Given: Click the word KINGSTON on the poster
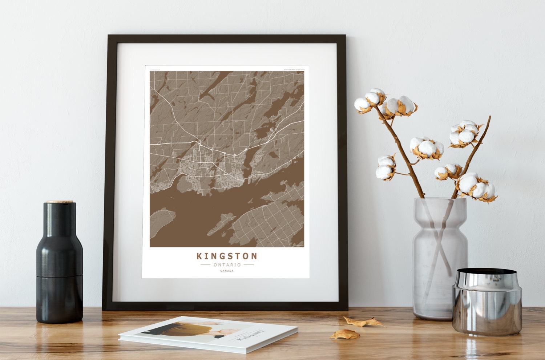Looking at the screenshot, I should (x=227, y=256).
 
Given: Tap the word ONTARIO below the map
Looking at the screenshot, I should (x=227, y=264).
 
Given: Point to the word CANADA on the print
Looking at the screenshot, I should (x=227, y=271).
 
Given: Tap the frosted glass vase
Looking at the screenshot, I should (x=440, y=258).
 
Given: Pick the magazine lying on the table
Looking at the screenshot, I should (x=208, y=333).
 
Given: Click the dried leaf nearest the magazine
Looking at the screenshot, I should (x=344, y=334).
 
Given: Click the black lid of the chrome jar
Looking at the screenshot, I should (x=487, y=272).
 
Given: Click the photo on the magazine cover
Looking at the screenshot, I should (x=189, y=330).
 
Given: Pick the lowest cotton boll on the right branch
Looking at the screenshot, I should (x=476, y=187).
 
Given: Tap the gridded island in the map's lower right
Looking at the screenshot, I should (x=269, y=222).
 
